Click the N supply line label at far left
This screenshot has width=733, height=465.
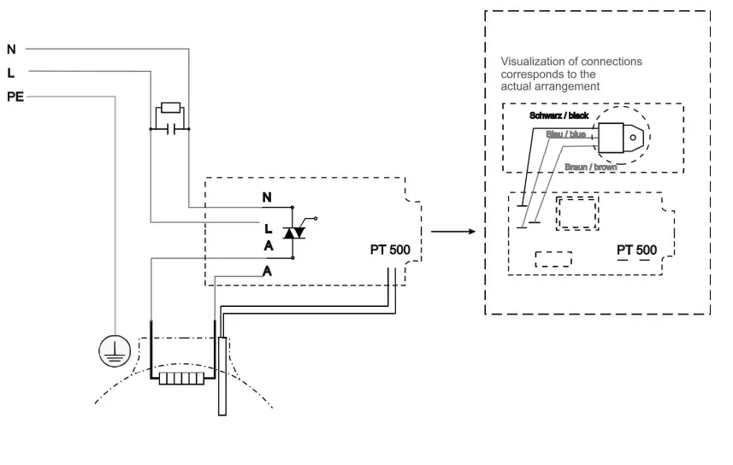coord(11,50)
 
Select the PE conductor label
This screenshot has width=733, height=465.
coord(15,97)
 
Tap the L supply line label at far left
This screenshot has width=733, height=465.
coord(10,74)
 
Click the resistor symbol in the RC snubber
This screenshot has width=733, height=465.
coord(170,109)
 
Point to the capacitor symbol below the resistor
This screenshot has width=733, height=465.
coord(170,130)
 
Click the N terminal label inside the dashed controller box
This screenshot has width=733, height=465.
coord(268,198)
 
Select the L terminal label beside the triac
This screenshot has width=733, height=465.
coord(268,229)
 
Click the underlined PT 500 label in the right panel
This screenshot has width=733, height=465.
coord(637,250)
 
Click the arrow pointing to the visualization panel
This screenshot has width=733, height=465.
coord(452,232)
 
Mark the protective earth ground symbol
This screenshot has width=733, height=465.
coord(113,348)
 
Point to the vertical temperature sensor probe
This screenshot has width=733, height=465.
coord(222,376)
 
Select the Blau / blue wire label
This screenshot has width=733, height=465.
coord(565,134)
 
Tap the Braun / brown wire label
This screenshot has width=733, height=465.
coord(591,168)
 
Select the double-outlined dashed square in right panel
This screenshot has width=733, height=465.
coord(576,212)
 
